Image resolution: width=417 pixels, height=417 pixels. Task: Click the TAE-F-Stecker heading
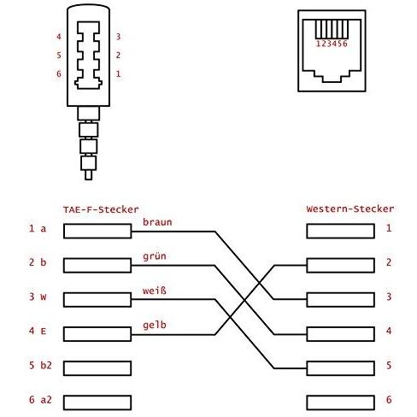pyautogui.click(x=101, y=209)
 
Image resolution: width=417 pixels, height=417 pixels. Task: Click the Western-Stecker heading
pyautogui.click(x=350, y=208)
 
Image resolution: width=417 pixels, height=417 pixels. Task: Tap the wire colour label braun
pyautogui.click(x=157, y=222)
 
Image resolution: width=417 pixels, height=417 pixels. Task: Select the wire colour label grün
pyautogui.click(x=155, y=256)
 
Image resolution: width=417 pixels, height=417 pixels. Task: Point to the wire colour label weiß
pyautogui.click(x=155, y=291)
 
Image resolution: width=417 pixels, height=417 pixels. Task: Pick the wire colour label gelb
pyautogui.click(x=155, y=325)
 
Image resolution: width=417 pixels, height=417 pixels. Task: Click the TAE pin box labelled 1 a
pyautogui.click(x=97, y=231)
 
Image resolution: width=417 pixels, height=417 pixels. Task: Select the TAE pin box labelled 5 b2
pyautogui.click(x=97, y=368)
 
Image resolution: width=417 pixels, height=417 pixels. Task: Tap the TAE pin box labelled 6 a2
pyautogui.click(x=97, y=402)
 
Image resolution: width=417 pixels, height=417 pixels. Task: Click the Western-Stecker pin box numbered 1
pyautogui.click(x=340, y=231)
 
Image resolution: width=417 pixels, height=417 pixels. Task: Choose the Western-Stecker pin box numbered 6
pyautogui.click(x=340, y=402)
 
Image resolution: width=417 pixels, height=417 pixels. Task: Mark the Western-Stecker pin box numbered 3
pyautogui.click(x=340, y=300)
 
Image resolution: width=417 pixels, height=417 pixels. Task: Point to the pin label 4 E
pyautogui.click(x=38, y=331)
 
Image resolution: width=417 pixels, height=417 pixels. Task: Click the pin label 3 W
pyautogui.click(x=38, y=297)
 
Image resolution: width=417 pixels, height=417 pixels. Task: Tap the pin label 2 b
pyautogui.click(x=38, y=262)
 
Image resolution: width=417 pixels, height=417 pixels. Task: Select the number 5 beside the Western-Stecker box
pyautogui.click(x=389, y=366)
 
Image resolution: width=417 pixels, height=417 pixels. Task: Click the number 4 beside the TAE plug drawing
pyautogui.click(x=59, y=37)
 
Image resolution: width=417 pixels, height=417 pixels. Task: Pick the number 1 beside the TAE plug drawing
pyautogui.click(x=118, y=74)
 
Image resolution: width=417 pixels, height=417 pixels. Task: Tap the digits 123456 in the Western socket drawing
pyautogui.click(x=332, y=44)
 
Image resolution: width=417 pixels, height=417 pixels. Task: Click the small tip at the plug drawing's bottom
pyautogui.click(x=89, y=174)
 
